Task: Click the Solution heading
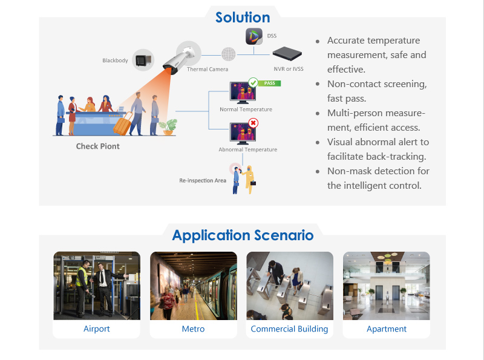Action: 243,18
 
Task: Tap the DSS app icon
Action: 254,36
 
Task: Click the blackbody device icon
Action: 143,60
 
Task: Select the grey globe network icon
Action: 229,54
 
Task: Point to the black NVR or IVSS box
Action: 287,53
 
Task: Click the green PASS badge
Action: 269,83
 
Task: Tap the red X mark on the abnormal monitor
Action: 253,123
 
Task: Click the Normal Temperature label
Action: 246,110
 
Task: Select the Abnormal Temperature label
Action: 248,149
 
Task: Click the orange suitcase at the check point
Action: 123,124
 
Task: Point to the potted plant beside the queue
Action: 168,127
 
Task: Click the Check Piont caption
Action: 98,146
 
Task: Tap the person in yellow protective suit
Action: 249,179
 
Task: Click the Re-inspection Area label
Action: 203,180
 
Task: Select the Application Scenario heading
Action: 243,235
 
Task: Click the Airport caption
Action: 97,329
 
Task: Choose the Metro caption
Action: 193,329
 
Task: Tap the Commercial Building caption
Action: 289,329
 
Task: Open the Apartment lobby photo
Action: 386,286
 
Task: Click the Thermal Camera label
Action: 208,70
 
